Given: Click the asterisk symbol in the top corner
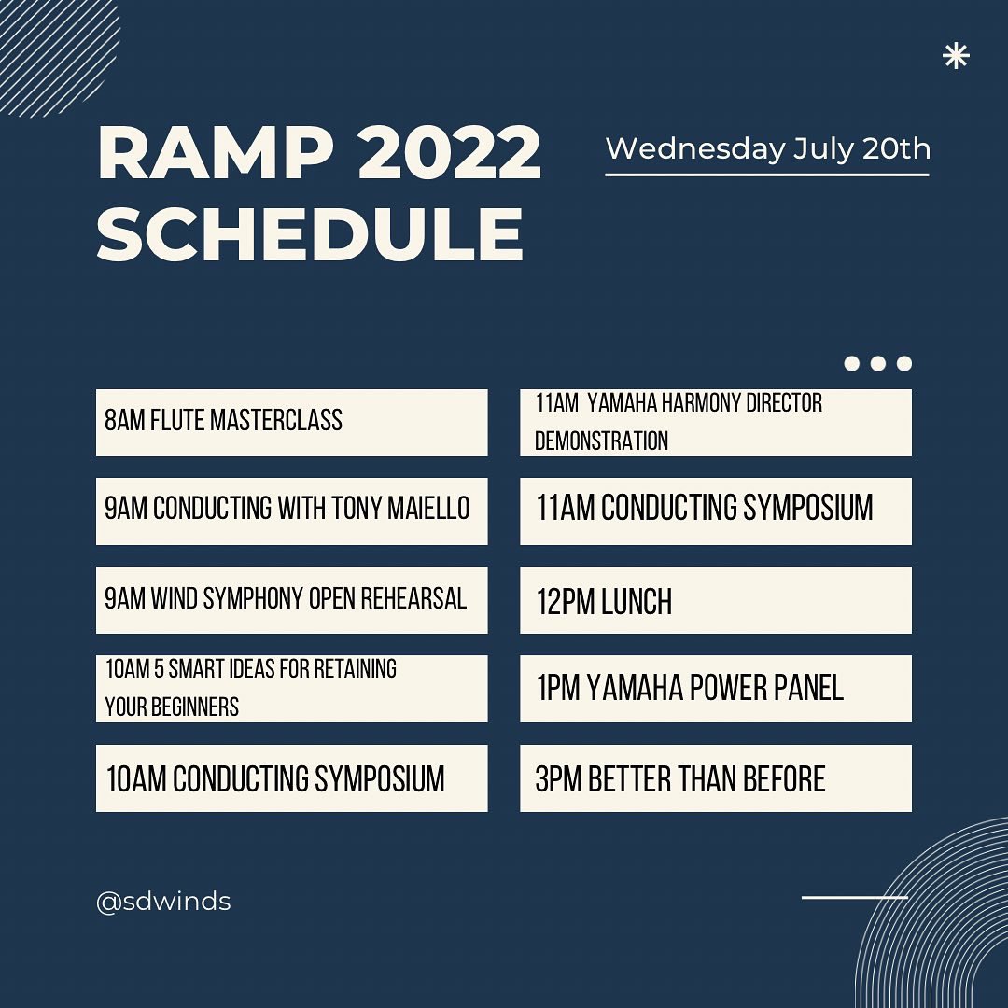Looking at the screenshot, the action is pyautogui.click(x=956, y=56).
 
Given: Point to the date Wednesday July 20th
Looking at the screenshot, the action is pyautogui.click(x=767, y=148).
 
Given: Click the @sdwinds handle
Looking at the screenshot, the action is pyautogui.click(x=163, y=902).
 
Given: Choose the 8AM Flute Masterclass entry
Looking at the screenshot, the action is pyautogui.click(x=292, y=423).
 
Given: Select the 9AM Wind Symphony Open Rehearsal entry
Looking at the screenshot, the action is pyautogui.click(x=292, y=600).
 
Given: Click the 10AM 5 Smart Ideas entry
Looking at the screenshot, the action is pyautogui.click(x=292, y=689).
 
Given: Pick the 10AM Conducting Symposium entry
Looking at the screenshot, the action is pyautogui.click(x=292, y=777).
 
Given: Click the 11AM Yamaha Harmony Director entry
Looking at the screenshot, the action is pyautogui.click(x=716, y=423).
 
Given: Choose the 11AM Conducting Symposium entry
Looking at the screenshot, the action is pyautogui.click(x=716, y=511).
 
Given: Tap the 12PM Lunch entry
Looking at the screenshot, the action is pyautogui.click(x=716, y=600).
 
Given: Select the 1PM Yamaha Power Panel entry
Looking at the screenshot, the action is pyautogui.click(x=716, y=689).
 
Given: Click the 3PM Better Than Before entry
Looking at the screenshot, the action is pyautogui.click(x=716, y=777).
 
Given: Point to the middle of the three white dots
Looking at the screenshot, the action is pyautogui.click(x=878, y=363).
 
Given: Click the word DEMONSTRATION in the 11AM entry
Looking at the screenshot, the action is pyautogui.click(x=602, y=441).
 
